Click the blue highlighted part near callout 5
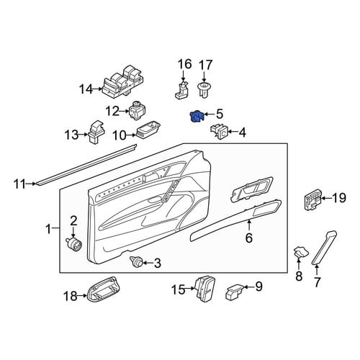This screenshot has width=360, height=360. (x=197, y=116)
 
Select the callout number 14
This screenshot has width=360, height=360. (x=86, y=89)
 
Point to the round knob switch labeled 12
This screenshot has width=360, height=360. (x=138, y=110)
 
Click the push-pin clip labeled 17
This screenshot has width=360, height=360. (x=204, y=89)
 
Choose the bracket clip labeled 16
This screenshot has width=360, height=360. (x=181, y=90)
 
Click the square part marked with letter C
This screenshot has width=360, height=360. (x=220, y=131)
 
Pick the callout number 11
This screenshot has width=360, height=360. (x=19, y=184)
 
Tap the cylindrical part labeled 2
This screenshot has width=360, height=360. (x=74, y=244)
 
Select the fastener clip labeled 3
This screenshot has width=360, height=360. (x=136, y=261)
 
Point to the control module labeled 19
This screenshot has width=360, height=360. (x=312, y=199)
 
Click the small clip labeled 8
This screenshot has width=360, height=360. (x=301, y=253)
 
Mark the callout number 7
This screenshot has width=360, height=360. (x=317, y=282)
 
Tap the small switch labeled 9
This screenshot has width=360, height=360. (x=234, y=292)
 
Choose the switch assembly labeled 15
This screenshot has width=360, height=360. (x=205, y=287)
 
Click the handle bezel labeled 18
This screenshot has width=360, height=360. (x=102, y=289)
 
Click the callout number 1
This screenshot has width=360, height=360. (x=49, y=229)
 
